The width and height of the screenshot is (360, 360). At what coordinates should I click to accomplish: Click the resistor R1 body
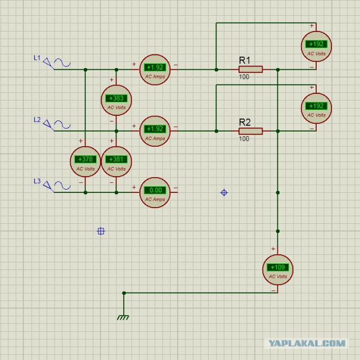tap(250, 69)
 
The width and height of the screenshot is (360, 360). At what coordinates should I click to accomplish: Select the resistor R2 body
tap(250, 131)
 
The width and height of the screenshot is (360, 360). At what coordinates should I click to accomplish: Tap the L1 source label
tap(37, 58)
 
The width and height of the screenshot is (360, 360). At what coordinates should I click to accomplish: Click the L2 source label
tap(37, 120)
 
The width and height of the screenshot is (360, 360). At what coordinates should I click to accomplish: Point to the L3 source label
tap(37, 181)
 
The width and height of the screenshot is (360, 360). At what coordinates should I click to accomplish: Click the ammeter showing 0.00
tap(155, 192)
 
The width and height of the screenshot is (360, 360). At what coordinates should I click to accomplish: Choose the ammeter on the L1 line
tap(155, 70)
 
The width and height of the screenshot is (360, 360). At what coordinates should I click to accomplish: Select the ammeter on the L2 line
tap(155, 131)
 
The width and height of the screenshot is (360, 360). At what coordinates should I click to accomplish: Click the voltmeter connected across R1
tap(316, 46)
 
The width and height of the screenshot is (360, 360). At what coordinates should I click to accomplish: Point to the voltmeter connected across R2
tap(316, 108)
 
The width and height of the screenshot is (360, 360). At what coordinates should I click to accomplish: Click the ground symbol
tap(123, 317)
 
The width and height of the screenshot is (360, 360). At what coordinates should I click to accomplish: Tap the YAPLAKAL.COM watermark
tap(307, 344)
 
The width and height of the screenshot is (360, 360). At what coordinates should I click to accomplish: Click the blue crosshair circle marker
tap(224, 192)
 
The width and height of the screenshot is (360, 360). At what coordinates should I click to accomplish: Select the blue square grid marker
tap(101, 231)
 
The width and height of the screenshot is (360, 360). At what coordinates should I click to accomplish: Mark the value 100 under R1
tap(244, 76)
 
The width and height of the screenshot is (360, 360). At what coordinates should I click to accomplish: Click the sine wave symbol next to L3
tap(62, 186)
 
